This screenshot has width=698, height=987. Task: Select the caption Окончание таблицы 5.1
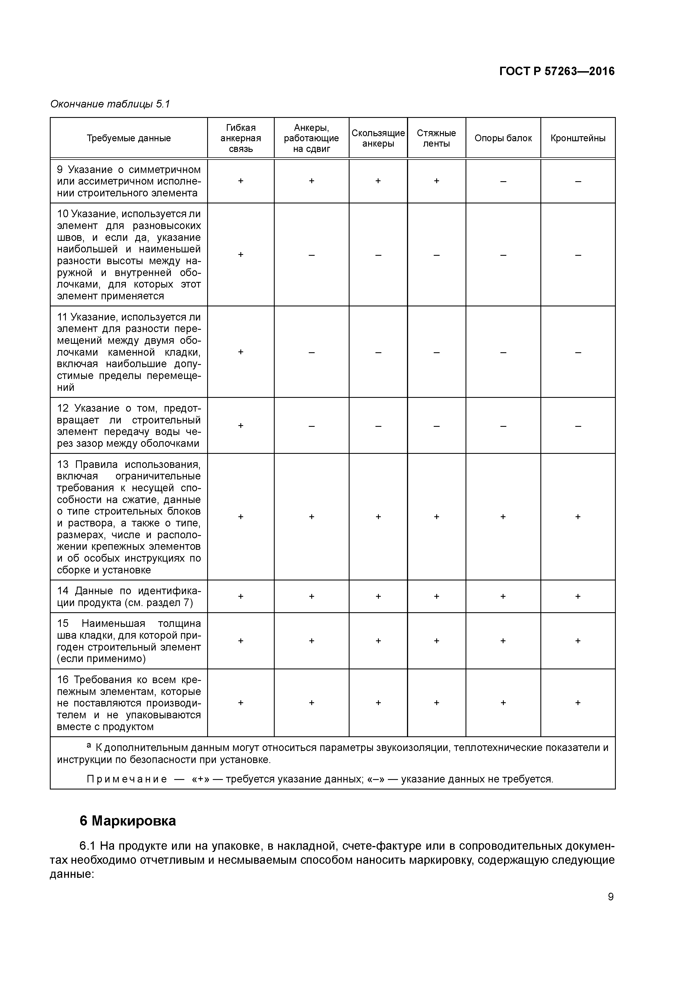(x=110, y=104)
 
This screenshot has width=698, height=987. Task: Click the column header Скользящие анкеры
(x=378, y=138)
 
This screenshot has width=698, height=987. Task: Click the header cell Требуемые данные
(x=129, y=138)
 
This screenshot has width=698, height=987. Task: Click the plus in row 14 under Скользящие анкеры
(x=378, y=596)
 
